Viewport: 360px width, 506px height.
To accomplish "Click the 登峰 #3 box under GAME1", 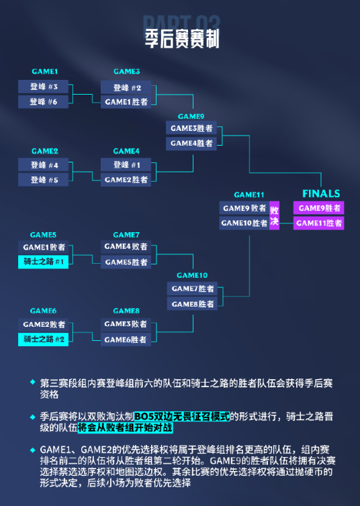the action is tap(43, 87).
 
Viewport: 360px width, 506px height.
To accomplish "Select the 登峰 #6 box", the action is tap(43, 101).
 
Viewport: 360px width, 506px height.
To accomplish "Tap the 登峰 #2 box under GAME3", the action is tap(126, 87).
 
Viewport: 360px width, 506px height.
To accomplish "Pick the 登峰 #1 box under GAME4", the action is tap(126, 164).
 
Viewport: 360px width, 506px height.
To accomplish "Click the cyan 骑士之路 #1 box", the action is tap(43, 262).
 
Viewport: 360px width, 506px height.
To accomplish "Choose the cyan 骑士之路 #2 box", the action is tap(43, 339).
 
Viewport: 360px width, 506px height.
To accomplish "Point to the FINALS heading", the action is tap(321, 194).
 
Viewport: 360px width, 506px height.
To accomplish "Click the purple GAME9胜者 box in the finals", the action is tap(318, 208).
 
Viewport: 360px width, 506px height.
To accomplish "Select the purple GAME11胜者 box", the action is tap(318, 223).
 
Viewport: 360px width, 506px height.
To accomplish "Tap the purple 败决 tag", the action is tap(274, 215).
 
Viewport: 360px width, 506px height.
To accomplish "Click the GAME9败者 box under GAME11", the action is tap(244, 208).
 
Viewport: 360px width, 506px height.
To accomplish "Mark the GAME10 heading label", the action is tap(192, 275).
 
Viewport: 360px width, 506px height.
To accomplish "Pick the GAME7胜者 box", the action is tap(192, 289).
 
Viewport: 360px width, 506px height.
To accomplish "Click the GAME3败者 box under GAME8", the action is tap(126, 324).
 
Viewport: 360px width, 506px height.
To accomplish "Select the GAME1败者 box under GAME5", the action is tap(43, 247).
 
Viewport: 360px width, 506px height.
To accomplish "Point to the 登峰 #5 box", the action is tap(43, 180).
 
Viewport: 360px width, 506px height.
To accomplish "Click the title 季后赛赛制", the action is tap(182, 38).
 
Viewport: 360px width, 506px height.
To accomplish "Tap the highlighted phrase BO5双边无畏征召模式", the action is tap(182, 416).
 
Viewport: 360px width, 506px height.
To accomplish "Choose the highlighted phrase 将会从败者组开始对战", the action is tap(126, 427).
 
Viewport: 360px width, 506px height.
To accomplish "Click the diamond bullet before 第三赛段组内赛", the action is tap(33, 382).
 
